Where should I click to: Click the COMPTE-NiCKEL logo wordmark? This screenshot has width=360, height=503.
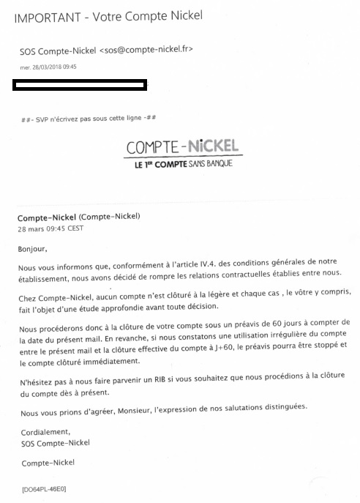(184, 147)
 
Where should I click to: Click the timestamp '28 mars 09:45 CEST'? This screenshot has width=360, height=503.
(50, 228)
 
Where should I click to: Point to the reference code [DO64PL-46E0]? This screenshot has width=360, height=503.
(44, 488)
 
